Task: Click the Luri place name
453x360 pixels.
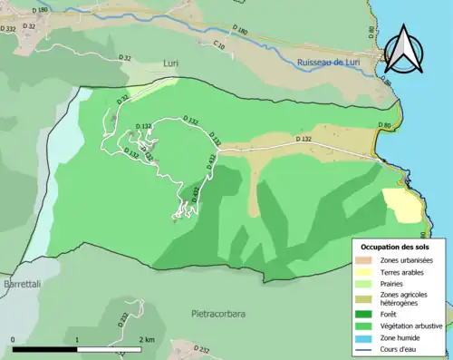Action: tap(172, 63)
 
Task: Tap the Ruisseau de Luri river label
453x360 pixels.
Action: tap(332, 62)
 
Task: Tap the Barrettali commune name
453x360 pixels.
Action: tap(24, 285)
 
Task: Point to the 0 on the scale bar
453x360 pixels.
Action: tap(13, 339)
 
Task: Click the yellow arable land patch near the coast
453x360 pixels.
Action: tap(401, 205)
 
